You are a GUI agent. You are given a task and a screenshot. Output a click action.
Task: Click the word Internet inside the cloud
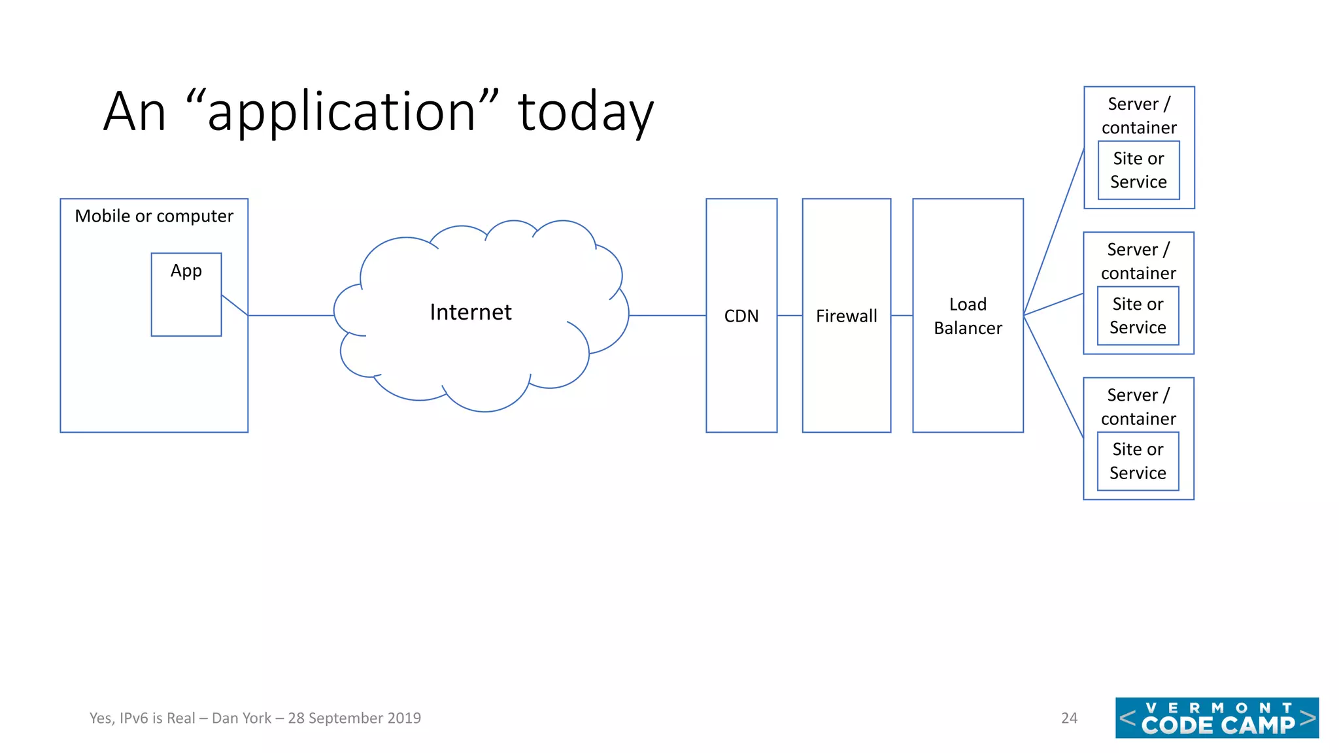[x=470, y=312]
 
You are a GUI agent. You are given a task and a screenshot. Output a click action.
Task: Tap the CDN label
[x=741, y=316]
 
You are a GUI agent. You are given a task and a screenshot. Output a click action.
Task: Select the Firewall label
[x=846, y=316]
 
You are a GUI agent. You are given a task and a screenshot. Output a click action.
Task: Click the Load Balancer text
[x=968, y=316]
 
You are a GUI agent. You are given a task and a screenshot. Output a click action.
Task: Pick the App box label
[x=186, y=271]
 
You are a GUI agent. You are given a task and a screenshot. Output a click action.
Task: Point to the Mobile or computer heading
[x=154, y=216]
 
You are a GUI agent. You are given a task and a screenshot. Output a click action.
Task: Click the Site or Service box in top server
[x=1138, y=170]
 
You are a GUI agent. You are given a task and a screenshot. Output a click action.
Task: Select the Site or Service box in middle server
[x=1138, y=316]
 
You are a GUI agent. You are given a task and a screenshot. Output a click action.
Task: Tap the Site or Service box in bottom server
[x=1138, y=461]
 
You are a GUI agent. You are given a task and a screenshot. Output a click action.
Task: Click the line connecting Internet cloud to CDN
[x=667, y=316]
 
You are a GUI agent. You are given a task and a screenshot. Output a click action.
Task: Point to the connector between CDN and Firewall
[x=790, y=316]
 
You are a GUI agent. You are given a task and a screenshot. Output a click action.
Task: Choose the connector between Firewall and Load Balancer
[x=902, y=316]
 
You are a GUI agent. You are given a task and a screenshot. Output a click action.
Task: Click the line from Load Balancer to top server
[x=1053, y=233]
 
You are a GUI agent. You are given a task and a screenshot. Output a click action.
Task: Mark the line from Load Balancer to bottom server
[x=1053, y=376]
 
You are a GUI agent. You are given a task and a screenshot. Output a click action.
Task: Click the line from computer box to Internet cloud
[x=291, y=316]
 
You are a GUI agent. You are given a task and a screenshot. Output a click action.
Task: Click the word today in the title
[x=585, y=112]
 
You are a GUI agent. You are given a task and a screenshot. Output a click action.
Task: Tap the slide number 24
[x=1069, y=718]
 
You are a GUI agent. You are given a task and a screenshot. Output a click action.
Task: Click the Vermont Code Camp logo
[x=1217, y=718]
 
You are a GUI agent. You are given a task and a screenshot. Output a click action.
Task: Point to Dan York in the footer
[x=241, y=718]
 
